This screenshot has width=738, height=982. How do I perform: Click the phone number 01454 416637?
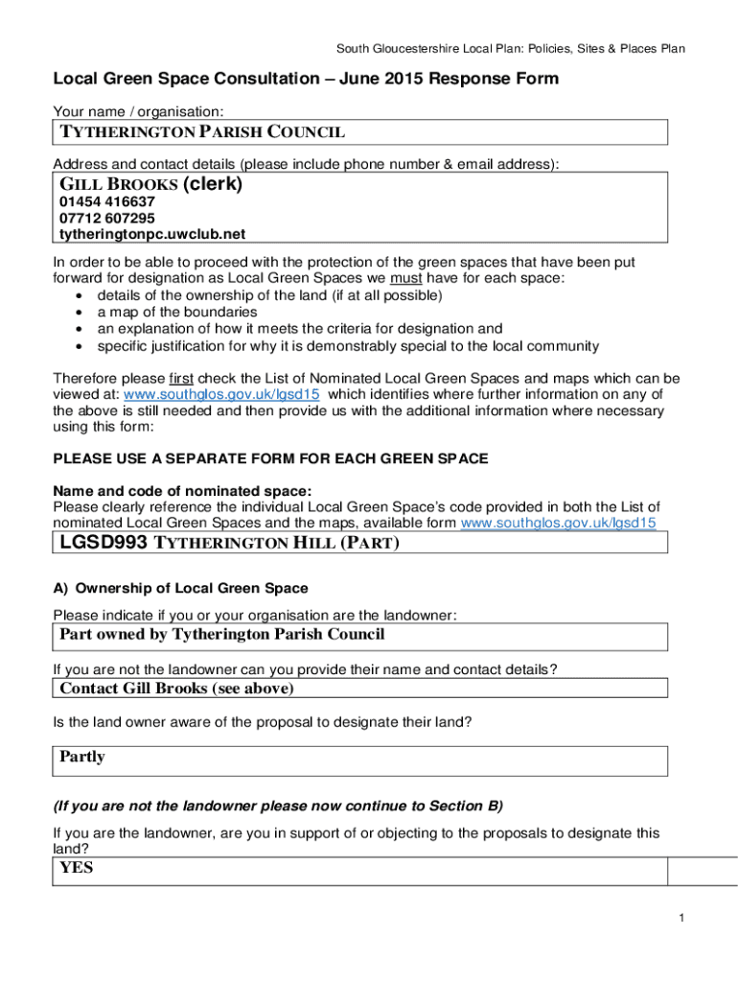[107, 202]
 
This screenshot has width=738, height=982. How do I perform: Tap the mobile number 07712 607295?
[107, 218]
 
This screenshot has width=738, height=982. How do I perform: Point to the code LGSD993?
[104, 544]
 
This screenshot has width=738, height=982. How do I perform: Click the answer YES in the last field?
[77, 869]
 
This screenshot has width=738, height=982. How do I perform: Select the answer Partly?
[82, 757]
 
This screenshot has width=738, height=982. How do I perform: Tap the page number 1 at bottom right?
[680, 920]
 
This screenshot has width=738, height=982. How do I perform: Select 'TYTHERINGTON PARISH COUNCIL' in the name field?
[202, 131]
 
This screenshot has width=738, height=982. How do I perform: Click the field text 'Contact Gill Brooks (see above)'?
[176, 689]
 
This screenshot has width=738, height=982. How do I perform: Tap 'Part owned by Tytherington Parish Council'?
[221, 634]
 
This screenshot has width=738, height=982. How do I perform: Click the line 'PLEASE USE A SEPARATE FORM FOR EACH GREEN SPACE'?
[270, 458]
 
